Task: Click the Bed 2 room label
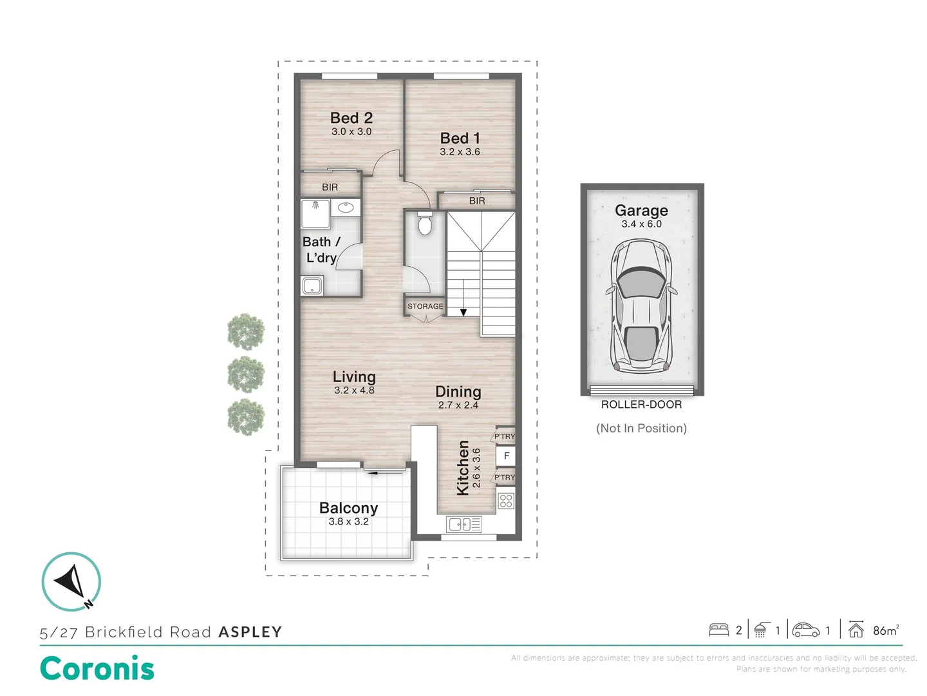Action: coord(351,118)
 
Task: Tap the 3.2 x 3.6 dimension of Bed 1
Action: coord(460,151)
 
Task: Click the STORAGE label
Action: coord(426,306)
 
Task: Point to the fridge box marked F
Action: coord(507,456)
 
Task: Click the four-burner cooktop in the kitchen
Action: coord(506,501)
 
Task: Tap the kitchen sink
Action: coord(464,525)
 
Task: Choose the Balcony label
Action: coord(348,508)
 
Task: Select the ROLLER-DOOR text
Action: coord(642,405)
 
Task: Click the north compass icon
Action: coord(71,581)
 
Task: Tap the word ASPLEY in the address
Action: coord(250,632)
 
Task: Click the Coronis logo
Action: coord(97,668)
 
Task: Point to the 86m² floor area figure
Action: coord(886,630)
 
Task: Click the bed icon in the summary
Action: coord(719,630)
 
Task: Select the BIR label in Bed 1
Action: coord(477,201)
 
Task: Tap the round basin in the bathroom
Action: coord(346,208)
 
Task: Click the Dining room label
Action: coord(458,392)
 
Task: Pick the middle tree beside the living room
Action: coord(246,374)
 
